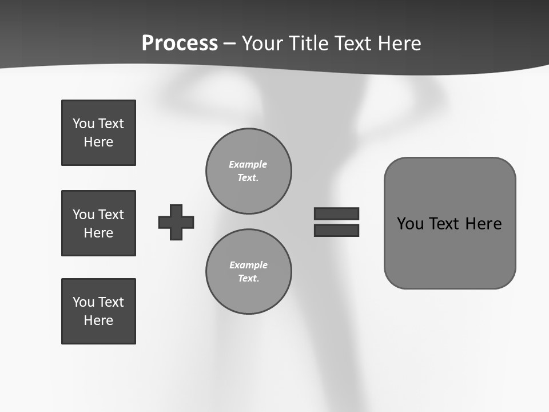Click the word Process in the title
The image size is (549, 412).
(x=180, y=43)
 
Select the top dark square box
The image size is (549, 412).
(x=98, y=133)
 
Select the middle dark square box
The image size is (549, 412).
(x=98, y=223)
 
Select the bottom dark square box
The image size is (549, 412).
(x=98, y=311)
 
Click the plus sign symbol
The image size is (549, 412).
(x=176, y=222)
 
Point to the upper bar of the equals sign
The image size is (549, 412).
(x=336, y=213)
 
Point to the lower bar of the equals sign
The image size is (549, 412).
(x=336, y=231)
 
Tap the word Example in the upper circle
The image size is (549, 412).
(x=248, y=164)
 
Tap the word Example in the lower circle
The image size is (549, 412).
(x=248, y=265)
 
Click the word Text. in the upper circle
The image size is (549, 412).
(x=248, y=178)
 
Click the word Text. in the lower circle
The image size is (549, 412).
(x=248, y=279)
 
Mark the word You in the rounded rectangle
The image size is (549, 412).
(x=411, y=224)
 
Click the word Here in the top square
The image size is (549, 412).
(x=98, y=142)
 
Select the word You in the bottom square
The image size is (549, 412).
(x=83, y=302)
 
